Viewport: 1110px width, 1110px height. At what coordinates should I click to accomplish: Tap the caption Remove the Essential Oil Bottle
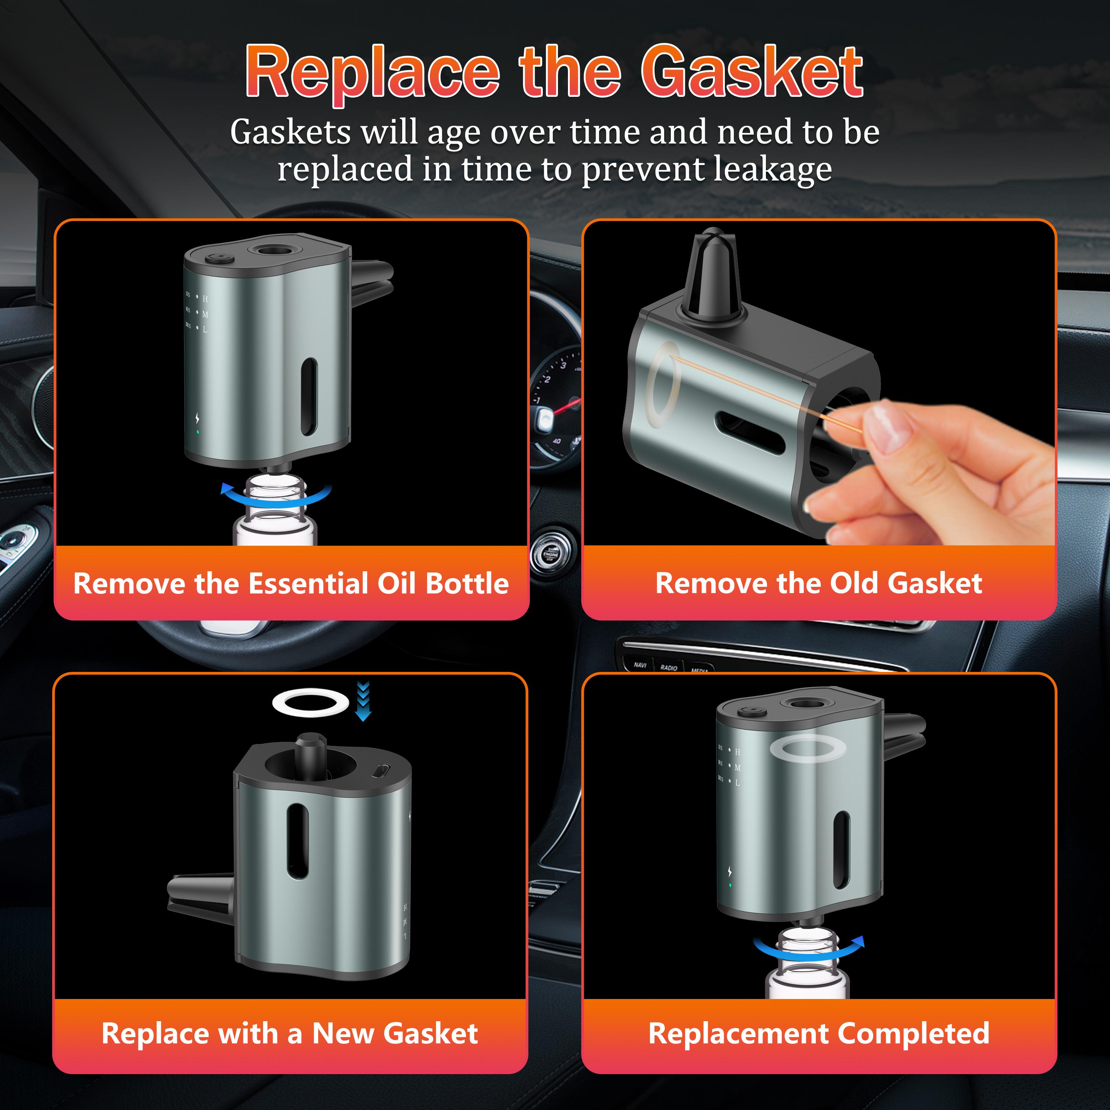(291, 584)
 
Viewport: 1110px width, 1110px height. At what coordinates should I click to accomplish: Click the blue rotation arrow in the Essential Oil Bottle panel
(276, 501)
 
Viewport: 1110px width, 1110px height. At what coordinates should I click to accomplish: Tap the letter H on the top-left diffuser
(205, 299)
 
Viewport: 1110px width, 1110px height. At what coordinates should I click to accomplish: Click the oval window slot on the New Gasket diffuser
(297, 841)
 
